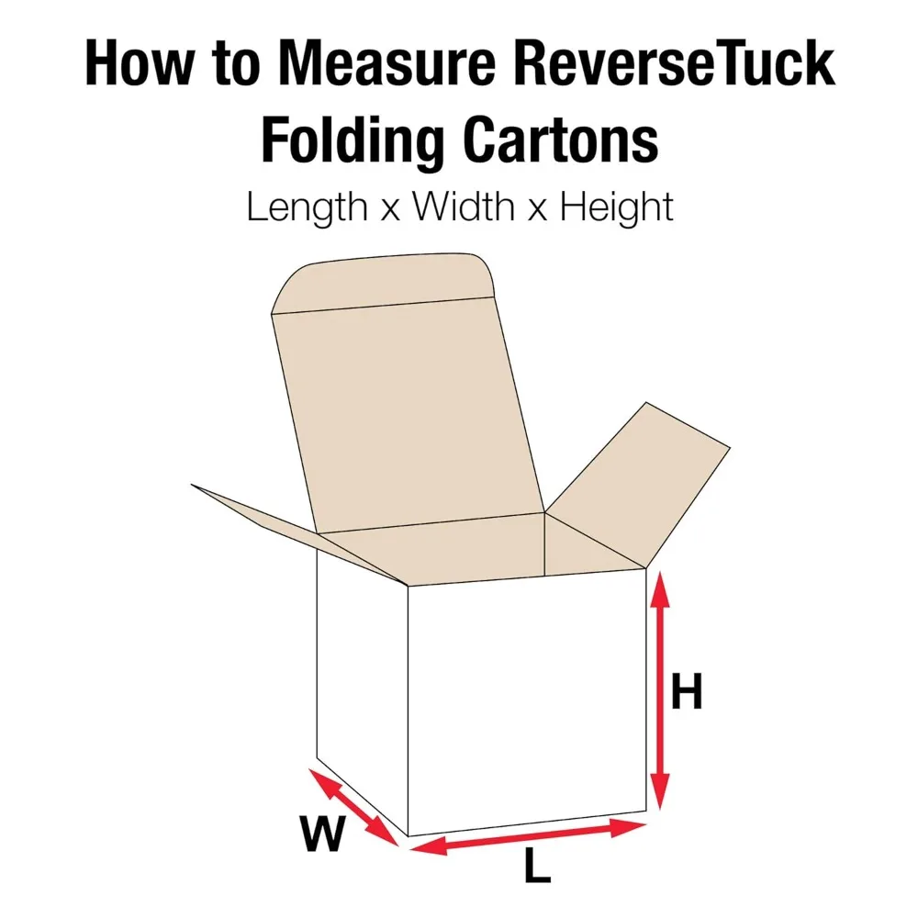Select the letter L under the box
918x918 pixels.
[537, 867]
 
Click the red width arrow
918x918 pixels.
[353, 807]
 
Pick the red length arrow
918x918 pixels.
[528, 837]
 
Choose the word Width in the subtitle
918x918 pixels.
[463, 207]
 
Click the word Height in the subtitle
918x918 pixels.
[617, 207]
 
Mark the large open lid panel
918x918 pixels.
[409, 413]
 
